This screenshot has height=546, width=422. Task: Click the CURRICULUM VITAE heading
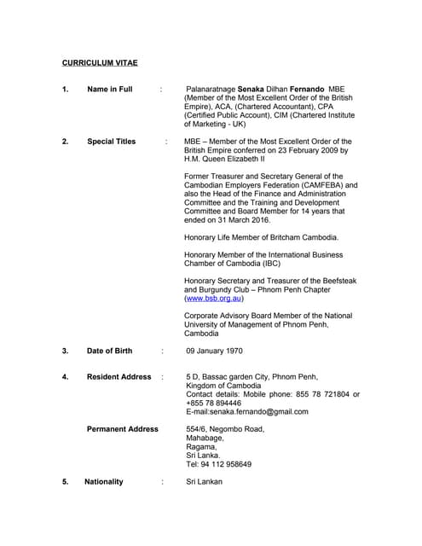pyautogui.click(x=100, y=63)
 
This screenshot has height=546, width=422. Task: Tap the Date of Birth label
pyautogui.click(x=109, y=351)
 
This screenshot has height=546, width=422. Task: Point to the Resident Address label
pyautogui.click(x=119, y=376)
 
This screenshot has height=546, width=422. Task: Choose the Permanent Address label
pyautogui.click(x=122, y=429)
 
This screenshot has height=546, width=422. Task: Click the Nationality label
pyautogui.click(x=104, y=481)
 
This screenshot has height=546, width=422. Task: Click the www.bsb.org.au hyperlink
pyautogui.click(x=214, y=299)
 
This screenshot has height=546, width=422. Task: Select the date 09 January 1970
pyautogui.click(x=215, y=351)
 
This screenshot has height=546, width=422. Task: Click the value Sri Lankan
pyautogui.click(x=204, y=481)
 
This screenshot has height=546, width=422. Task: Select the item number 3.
pyautogui.click(x=65, y=351)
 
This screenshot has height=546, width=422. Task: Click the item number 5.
pyautogui.click(x=65, y=481)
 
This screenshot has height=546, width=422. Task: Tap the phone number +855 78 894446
pyautogui.click(x=213, y=403)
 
